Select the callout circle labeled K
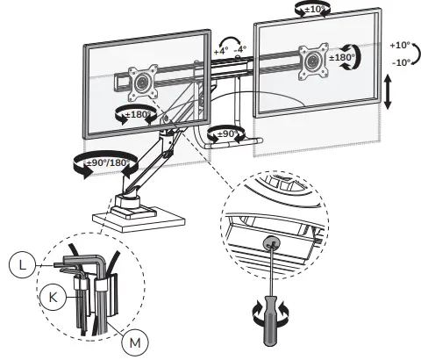55,297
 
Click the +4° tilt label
221,52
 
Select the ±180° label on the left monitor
139,115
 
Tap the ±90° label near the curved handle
231,133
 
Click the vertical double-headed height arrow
387,92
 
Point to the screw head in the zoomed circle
267,241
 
